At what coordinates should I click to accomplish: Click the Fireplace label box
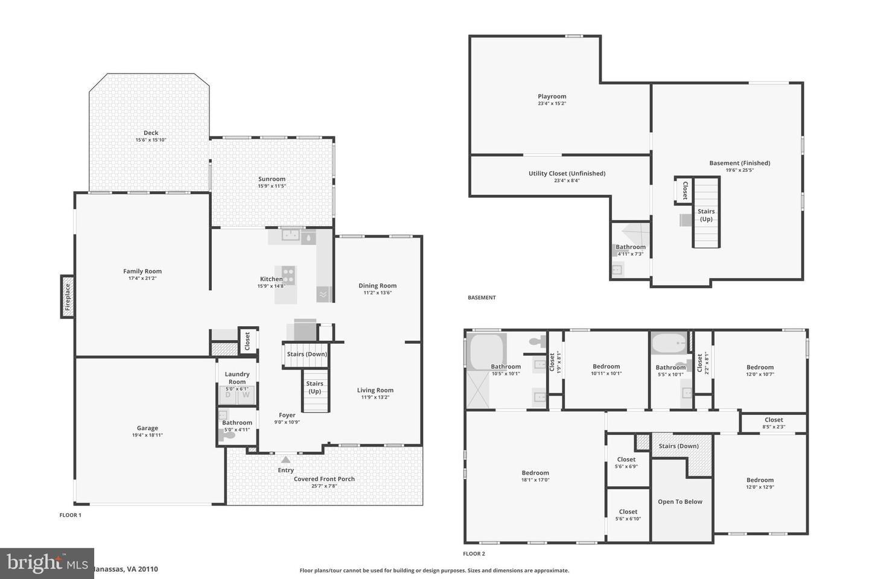pos(68,296)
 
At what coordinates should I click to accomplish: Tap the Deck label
pos(151,133)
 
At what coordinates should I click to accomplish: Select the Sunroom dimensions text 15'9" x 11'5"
pos(272,186)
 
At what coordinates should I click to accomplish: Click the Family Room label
pos(142,271)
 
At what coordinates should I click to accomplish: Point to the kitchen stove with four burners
pos(288,276)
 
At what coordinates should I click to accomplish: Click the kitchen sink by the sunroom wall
pos(291,236)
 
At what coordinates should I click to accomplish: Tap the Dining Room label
pos(377,286)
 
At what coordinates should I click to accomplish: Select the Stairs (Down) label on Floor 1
pos(307,354)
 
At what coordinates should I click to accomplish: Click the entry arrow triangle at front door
pos(285,460)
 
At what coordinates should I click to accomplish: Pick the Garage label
pos(147,428)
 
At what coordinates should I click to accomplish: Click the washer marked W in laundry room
pos(246,395)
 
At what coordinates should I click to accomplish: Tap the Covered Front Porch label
pos(324,479)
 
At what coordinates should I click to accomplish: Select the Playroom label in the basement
pos(552,96)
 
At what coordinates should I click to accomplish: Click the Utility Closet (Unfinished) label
pos(567,174)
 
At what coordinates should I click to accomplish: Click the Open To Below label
pos(680,502)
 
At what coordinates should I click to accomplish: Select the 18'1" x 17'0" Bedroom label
pos(535,473)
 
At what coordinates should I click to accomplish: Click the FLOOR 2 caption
pos(474,554)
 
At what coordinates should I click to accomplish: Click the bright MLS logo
pos(46,563)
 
